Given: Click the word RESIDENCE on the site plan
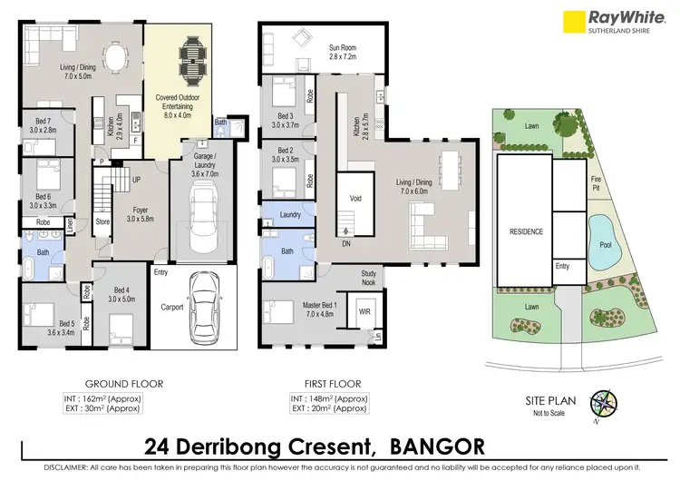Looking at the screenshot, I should pyautogui.click(x=525, y=231).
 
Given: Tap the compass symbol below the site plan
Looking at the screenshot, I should pyautogui.click(x=603, y=406).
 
